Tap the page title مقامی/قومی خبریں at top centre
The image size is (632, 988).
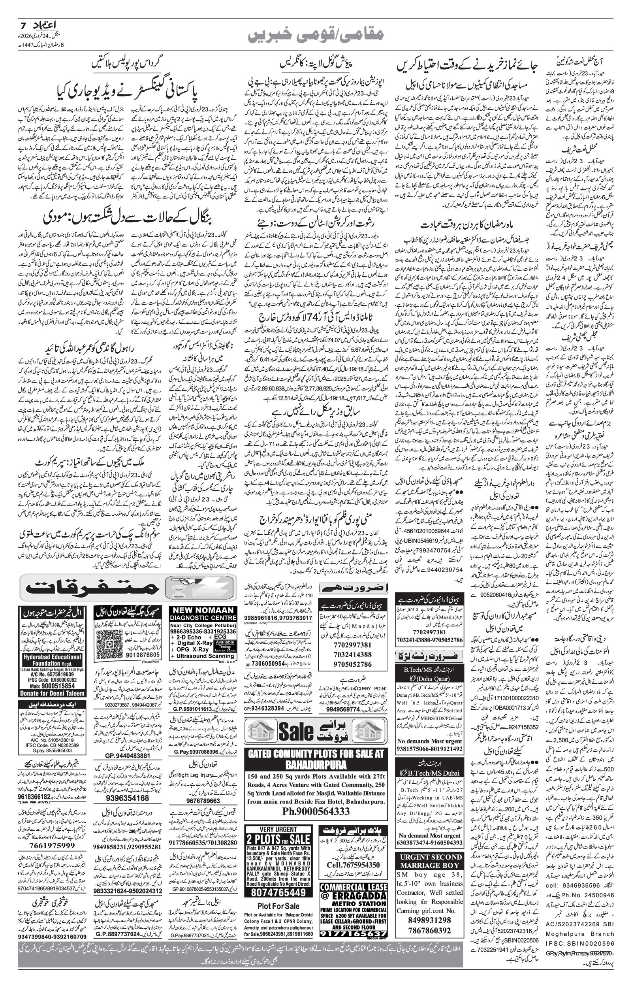tap(316, 34)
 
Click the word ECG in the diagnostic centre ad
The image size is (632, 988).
tap(220, 637)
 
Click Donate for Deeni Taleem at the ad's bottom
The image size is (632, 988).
tap(52, 693)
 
